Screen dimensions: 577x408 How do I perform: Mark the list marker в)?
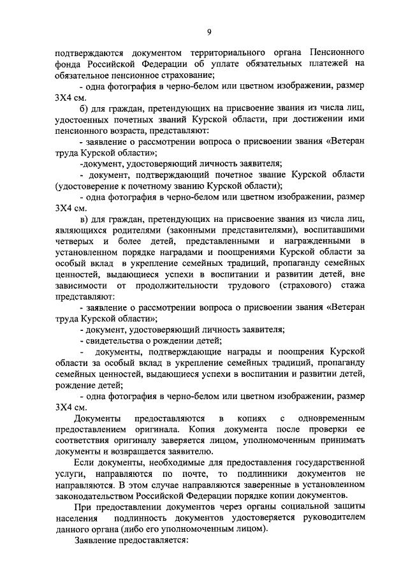pyautogui.click(x=84, y=219)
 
